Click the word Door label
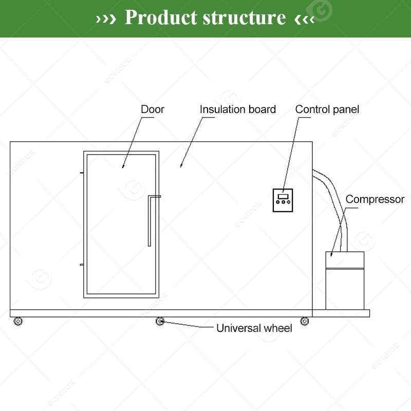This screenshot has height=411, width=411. coord(152,109)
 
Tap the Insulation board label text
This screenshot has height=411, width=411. coord(237,109)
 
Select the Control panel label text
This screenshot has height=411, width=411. coord(327,109)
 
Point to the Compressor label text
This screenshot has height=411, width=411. coord(375,199)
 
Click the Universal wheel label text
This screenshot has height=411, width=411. coord(254,328)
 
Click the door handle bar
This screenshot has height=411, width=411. coord(150,221)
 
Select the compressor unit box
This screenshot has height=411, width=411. coord(345,280)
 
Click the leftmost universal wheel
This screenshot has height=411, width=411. coord(18,322)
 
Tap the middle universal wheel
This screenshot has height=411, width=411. coord(160,322)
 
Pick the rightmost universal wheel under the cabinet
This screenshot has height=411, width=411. coord(304,322)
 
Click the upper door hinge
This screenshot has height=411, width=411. coord(82,173)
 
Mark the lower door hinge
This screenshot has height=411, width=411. coord(82,264)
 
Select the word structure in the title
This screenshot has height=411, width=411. coord(245,17)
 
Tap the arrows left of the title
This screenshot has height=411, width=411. coord(106,18)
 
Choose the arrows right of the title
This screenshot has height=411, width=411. coord(304,18)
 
